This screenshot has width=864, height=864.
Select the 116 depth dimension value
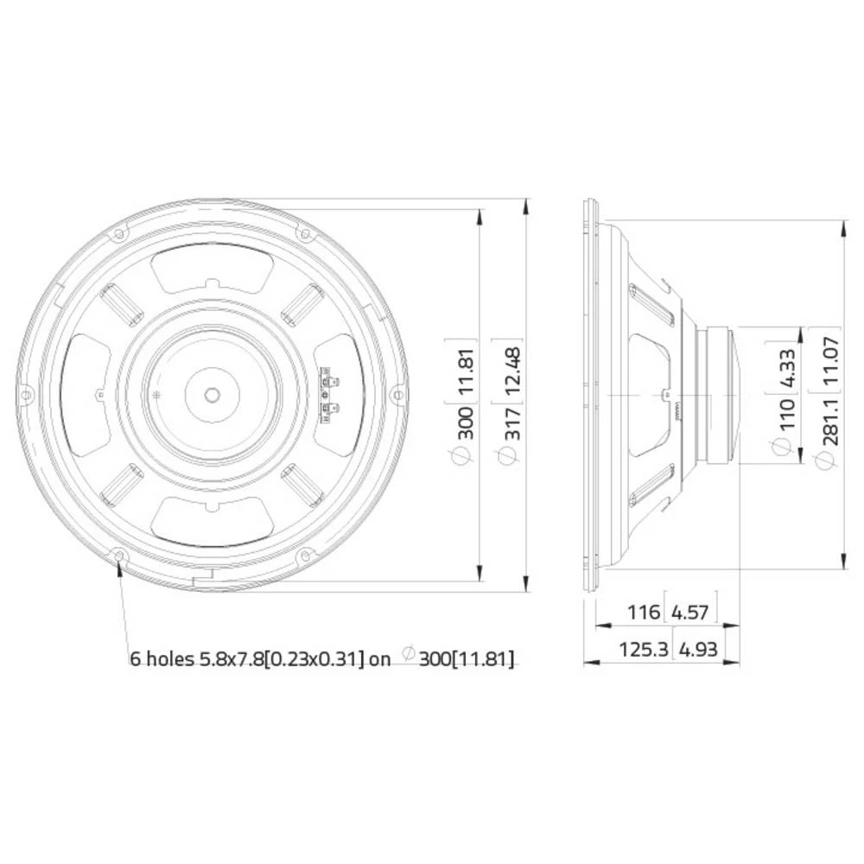click(x=643, y=613)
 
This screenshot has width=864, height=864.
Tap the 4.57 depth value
click(x=689, y=613)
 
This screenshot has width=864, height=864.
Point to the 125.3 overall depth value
click(x=644, y=650)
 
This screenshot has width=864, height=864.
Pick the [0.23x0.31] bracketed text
click(x=314, y=659)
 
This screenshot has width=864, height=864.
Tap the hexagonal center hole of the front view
click(x=211, y=394)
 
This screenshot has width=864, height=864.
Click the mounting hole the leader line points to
click(x=118, y=555)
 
